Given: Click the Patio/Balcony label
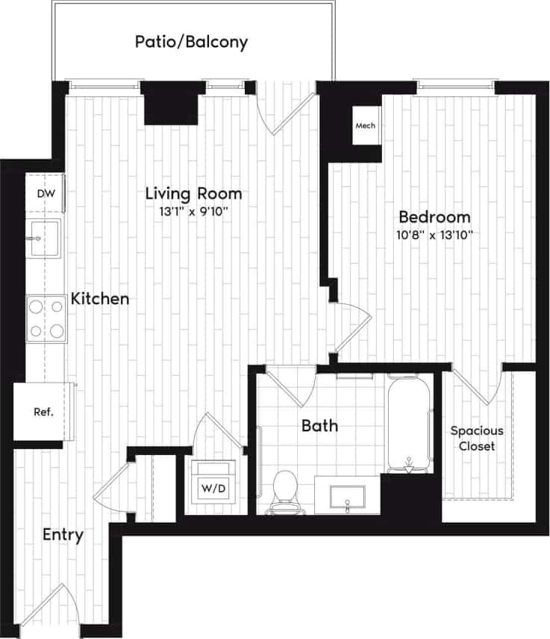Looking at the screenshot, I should click(x=191, y=42).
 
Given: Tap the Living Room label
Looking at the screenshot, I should click(x=193, y=194).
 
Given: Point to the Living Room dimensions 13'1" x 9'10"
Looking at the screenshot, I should click(x=193, y=212).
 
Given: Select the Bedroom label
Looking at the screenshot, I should click(x=435, y=217).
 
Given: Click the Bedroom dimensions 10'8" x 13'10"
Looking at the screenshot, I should click(x=436, y=235).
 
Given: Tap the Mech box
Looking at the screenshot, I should click(x=366, y=126).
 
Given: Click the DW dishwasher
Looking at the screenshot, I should click(x=46, y=194).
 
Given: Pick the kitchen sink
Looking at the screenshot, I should click(x=45, y=238).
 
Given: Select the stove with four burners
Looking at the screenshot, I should click(x=46, y=318).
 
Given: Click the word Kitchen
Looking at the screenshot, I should click(x=100, y=299).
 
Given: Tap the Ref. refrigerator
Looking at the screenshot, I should click(x=43, y=412).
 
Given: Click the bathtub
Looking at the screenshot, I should click(x=409, y=423).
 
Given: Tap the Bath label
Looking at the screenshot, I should click(x=319, y=426).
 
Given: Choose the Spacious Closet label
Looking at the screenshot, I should click(x=477, y=439).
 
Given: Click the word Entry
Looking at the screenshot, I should click(x=63, y=535).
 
